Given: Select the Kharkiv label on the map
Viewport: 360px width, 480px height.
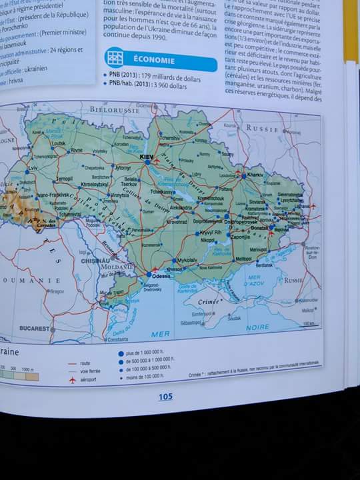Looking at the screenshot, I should pyautogui.click(x=255, y=175).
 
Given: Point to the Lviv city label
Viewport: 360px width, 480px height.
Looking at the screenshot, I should pyautogui.click(x=33, y=169).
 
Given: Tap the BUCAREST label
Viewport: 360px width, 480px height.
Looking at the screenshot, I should pyautogui.click(x=35, y=329).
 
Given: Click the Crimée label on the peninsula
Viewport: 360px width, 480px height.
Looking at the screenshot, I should pyautogui.click(x=209, y=302).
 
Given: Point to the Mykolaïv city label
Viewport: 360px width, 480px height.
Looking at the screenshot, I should pyautogui.click(x=186, y=260).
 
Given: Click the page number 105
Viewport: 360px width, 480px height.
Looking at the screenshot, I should pyautogui.click(x=165, y=397).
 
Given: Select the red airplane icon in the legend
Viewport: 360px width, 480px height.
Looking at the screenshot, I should pyautogui.click(x=73, y=379).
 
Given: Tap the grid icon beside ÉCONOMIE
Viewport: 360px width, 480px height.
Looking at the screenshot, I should pyautogui.click(x=115, y=57).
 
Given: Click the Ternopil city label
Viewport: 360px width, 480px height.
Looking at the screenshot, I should pyautogui.click(x=64, y=179).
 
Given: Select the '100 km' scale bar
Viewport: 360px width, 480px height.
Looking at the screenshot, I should pyautogui.click(x=307, y=324).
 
